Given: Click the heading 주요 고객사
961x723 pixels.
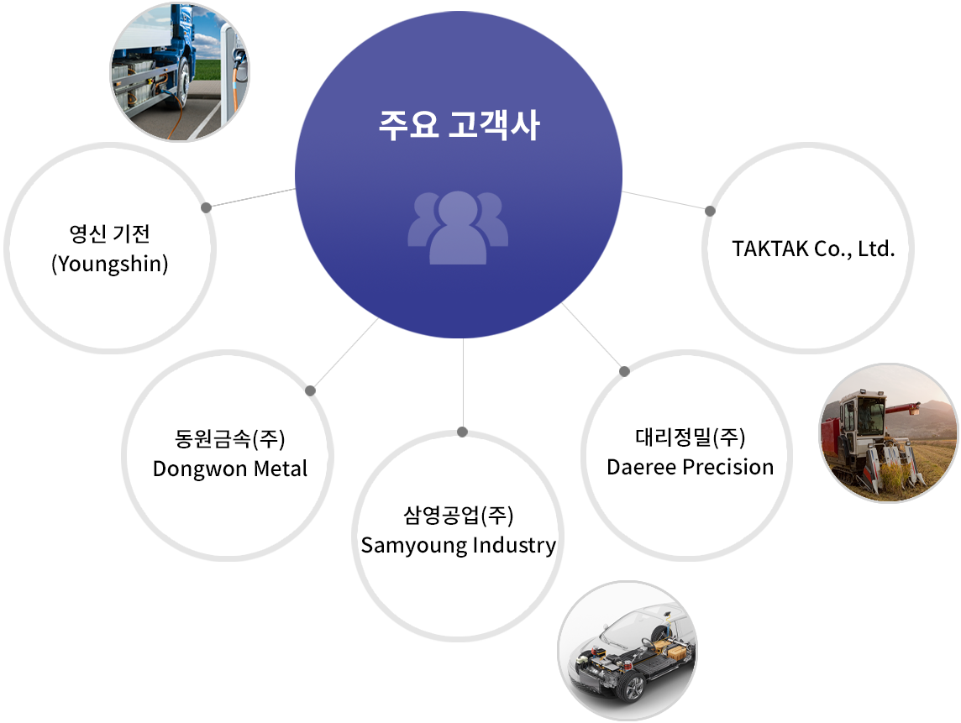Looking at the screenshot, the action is [459, 125].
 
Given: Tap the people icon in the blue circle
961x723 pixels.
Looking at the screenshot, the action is [458, 228].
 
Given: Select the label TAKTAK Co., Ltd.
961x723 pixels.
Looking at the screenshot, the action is [813, 249].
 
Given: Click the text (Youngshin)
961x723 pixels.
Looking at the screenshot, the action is [110, 264].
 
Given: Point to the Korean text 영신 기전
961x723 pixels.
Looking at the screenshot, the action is [110, 233].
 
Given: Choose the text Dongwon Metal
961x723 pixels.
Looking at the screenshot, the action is [230, 469].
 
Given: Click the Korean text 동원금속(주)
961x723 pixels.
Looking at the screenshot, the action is [230, 438].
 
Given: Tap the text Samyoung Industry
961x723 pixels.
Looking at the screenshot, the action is [459, 545].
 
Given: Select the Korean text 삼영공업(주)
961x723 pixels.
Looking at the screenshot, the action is [459, 515].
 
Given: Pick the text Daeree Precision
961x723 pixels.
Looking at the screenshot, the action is [691, 467].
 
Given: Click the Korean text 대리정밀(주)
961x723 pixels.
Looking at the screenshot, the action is [691, 437].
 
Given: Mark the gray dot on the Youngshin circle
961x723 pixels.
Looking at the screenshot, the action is [207, 207].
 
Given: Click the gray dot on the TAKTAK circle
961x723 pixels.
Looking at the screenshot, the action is [711, 211].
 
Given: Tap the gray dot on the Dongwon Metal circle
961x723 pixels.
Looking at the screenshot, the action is [311, 390].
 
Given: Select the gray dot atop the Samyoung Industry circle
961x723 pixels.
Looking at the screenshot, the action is [463, 432].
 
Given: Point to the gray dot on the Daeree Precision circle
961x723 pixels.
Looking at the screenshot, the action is [624, 371].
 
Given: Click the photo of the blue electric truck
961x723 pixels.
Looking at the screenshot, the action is [180, 71].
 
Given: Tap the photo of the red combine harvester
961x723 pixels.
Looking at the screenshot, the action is [890, 433].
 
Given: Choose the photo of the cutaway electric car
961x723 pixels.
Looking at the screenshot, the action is [628, 651].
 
